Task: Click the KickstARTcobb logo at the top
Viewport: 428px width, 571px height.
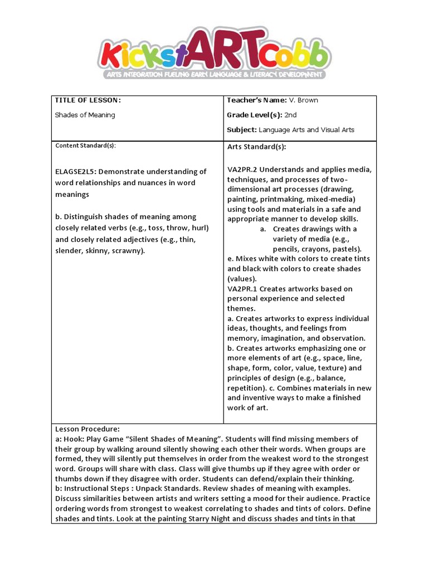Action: click(213, 49)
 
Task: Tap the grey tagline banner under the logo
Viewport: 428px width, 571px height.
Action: click(213, 74)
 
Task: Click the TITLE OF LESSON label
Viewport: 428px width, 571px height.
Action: click(87, 100)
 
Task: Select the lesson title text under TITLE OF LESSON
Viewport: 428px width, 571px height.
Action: click(85, 115)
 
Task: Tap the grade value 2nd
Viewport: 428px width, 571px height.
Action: click(290, 115)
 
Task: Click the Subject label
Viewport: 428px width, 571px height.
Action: click(242, 130)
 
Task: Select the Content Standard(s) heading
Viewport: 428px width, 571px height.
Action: click(85, 146)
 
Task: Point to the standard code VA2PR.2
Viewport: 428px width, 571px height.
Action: click(242, 170)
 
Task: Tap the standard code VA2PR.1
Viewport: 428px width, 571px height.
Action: click(242, 289)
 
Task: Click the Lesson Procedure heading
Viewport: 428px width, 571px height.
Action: click(87, 429)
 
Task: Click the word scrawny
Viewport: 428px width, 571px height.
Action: click(126, 251)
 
